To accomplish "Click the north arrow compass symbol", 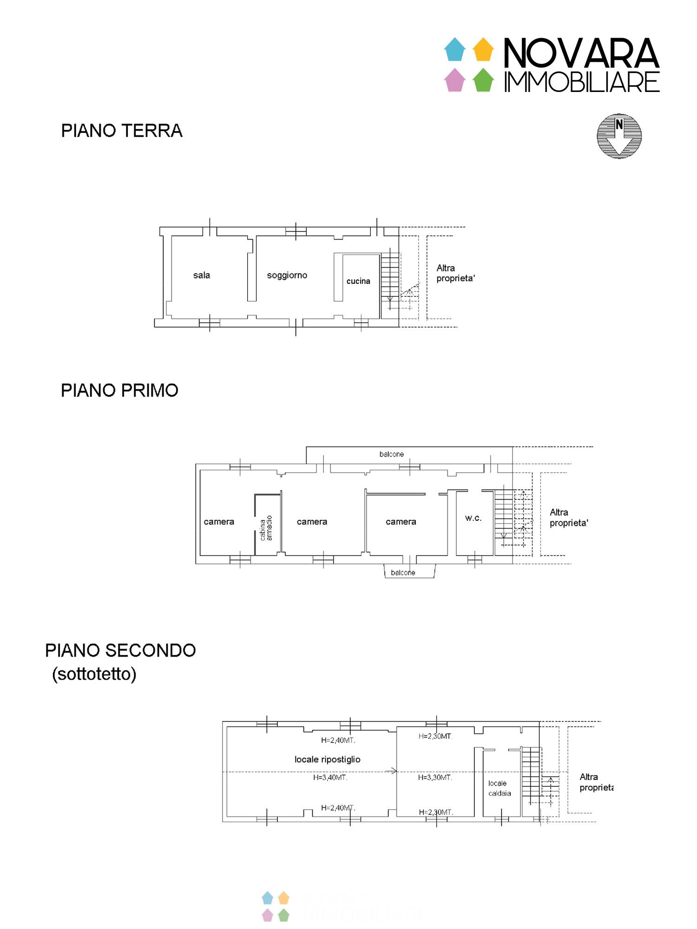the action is click(x=619, y=136).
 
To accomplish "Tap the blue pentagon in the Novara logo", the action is click(x=454, y=49).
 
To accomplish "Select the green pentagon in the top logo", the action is click(x=483, y=80).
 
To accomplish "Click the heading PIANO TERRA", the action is click(x=122, y=131).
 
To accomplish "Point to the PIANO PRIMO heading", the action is click(x=119, y=391).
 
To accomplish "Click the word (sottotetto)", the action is click(x=94, y=674).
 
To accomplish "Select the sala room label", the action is click(x=202, y=275).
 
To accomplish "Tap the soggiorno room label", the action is click(x=287, y=275).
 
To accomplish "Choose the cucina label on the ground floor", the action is click(x=358, y=281).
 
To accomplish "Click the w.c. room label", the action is click(x=473, y=518).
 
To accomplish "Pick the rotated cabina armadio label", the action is click(x=266, y=528).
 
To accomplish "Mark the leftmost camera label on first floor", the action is click(x=219, y=522).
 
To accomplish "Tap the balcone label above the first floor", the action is click(x=391, y=454).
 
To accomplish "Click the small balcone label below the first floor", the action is click(x=403, y=573).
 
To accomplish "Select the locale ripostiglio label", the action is click(x=327, y=759).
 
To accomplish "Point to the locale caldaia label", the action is click(x=500, y=788).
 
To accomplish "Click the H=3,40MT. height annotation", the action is click(x=330, y=778).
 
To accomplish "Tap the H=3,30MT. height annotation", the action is click(x=435, y=778).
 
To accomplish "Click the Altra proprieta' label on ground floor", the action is click(x=455, y=273).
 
